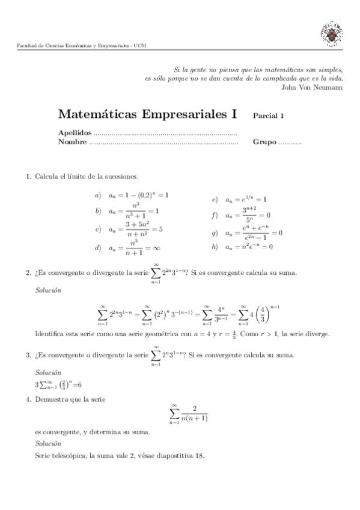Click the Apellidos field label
(75, 133)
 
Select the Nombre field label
(72, 143)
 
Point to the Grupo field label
(264, 143)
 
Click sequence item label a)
(98, 195)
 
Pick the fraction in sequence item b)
(136, 211)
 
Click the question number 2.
(28, 273)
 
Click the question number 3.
(28, 355)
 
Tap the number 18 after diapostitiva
(200, 455)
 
